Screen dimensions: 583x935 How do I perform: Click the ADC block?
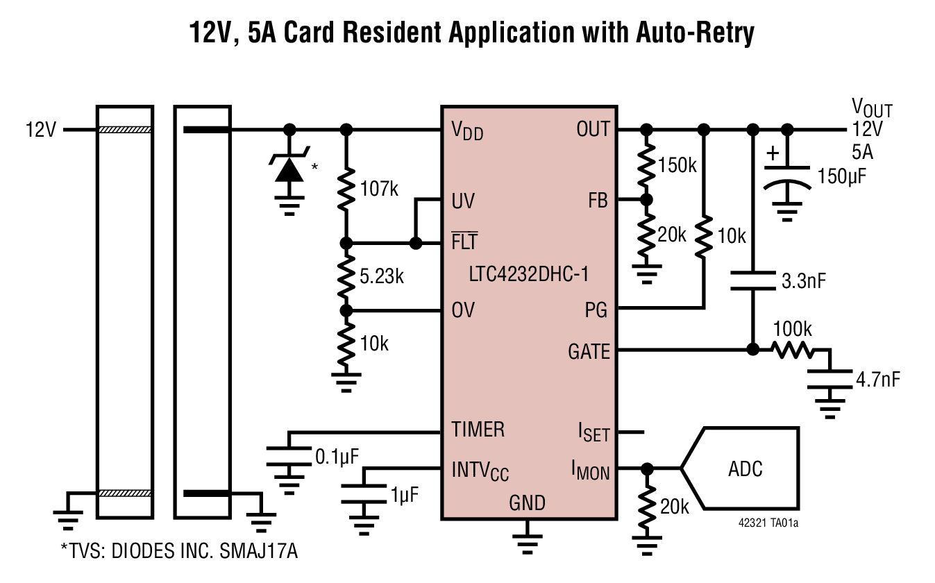743,468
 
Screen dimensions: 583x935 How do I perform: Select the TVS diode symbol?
289,169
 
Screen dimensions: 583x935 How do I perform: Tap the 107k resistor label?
379,188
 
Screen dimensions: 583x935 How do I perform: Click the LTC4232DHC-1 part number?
528,273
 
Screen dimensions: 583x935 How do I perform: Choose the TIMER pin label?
478,430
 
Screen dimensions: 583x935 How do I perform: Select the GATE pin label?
589,352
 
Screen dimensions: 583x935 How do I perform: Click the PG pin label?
596,310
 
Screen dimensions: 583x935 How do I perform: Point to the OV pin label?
463,310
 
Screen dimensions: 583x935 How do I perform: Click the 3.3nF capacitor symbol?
752,280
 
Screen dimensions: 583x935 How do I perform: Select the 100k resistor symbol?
791,350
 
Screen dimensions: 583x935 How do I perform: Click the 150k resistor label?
677,165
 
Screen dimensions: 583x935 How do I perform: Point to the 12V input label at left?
41,130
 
